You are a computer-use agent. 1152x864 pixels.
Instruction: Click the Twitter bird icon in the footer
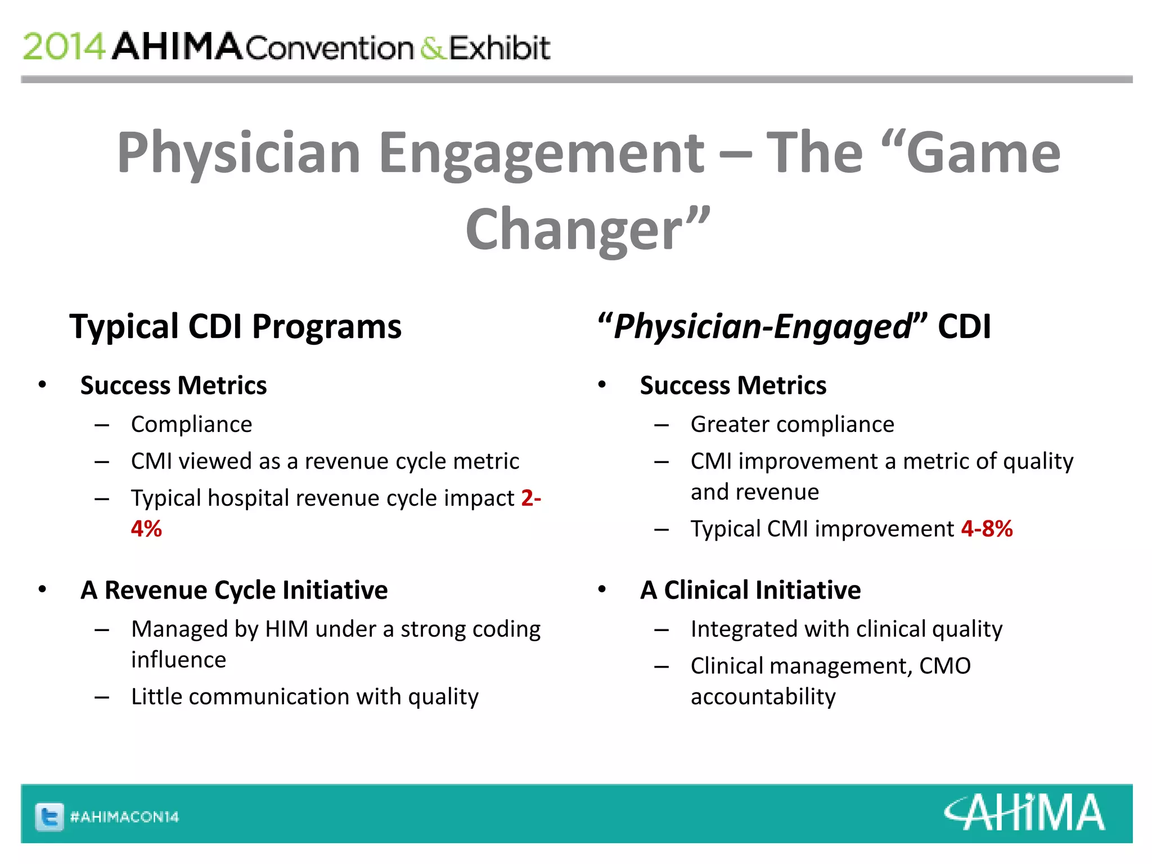49,816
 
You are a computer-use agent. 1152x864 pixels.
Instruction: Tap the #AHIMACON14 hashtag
124,817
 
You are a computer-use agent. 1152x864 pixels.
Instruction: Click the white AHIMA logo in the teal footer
1024,813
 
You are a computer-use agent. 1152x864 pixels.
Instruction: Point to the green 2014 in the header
64,47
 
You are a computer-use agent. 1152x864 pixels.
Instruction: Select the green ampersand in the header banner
432,48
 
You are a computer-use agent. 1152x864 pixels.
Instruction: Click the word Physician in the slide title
238,153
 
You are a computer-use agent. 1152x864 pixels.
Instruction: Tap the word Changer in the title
574,229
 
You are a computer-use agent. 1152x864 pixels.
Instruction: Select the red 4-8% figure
987,529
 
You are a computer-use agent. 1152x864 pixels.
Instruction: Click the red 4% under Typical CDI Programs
146,529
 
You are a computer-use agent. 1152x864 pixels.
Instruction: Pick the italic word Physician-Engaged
762,326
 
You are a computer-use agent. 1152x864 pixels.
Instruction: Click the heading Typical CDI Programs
235,326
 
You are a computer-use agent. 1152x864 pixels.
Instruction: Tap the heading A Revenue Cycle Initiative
234,590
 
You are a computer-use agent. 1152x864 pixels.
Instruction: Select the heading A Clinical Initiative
750,590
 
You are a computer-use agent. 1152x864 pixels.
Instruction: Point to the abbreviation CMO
945,666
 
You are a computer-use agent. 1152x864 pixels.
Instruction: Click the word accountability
763,697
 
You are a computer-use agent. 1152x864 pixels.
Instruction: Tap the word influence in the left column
178,660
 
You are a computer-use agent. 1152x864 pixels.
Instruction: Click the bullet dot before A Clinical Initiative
602,589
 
